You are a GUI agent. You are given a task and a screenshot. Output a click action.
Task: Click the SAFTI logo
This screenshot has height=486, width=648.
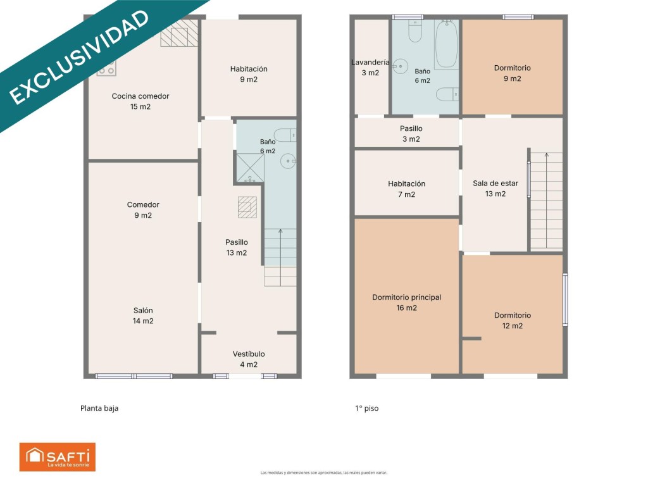click(58, 457)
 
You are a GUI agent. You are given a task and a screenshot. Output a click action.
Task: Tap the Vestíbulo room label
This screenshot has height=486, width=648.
click(249, 359)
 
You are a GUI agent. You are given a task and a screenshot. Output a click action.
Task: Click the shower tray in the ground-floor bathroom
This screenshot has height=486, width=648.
click(250, 168)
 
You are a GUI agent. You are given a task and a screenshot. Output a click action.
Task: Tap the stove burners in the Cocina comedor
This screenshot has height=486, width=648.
click(106, 68)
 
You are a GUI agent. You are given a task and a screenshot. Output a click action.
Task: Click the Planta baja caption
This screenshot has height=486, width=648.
click(99, 408)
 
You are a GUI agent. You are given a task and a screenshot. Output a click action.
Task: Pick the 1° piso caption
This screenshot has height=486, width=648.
click(367, 408)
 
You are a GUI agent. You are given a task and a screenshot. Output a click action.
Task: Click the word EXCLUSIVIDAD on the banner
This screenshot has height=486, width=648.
click(78, 58)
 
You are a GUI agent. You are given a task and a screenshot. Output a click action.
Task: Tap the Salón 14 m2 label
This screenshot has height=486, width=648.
click(143, 316)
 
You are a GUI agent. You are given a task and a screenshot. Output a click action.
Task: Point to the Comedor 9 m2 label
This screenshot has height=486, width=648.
click(143, 210)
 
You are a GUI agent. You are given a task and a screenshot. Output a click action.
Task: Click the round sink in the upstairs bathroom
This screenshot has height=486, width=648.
click(401, 66)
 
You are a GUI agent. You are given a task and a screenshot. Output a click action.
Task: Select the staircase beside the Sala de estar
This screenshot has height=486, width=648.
click(546, 201)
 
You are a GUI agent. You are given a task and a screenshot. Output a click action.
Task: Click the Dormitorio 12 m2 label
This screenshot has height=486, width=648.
click(513, 320)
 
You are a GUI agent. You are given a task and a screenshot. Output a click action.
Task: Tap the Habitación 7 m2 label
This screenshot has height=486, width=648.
click(407, 189)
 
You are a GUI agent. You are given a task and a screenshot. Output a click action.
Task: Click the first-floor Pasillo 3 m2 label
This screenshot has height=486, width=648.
click(411, 134)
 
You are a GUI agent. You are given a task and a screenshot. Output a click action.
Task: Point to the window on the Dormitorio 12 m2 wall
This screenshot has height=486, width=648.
click(565, 299)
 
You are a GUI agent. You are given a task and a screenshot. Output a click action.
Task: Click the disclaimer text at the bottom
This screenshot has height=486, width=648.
click(323, 472)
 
